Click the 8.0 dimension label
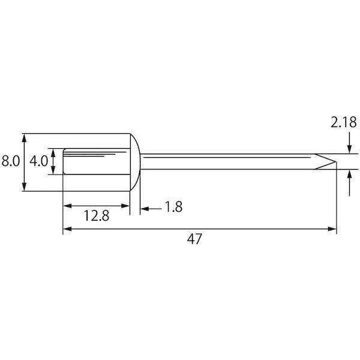(x=11, y=161)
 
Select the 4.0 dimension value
(x=38, y=161)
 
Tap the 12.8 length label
(x=97, y=216)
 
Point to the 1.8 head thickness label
(x=173, y=206)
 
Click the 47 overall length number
(x=194, y=239)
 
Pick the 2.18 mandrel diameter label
(x=343, y=122)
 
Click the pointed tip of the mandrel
(x=336, y=161)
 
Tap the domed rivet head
(x=135, y=162)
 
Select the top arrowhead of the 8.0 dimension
(x=25, y=138)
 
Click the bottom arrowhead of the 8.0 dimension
(x=25, y=186)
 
